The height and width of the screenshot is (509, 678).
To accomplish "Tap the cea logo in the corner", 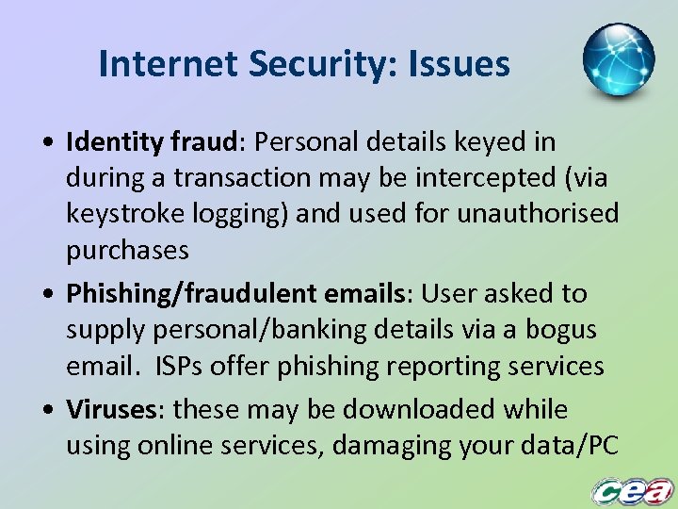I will tap(632, 490).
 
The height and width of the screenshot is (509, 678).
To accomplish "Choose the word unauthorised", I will tap(539, 214).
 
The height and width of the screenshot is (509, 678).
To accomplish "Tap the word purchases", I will tap(127, 251).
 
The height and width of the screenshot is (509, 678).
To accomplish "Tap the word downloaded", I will tap(409, 410).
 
